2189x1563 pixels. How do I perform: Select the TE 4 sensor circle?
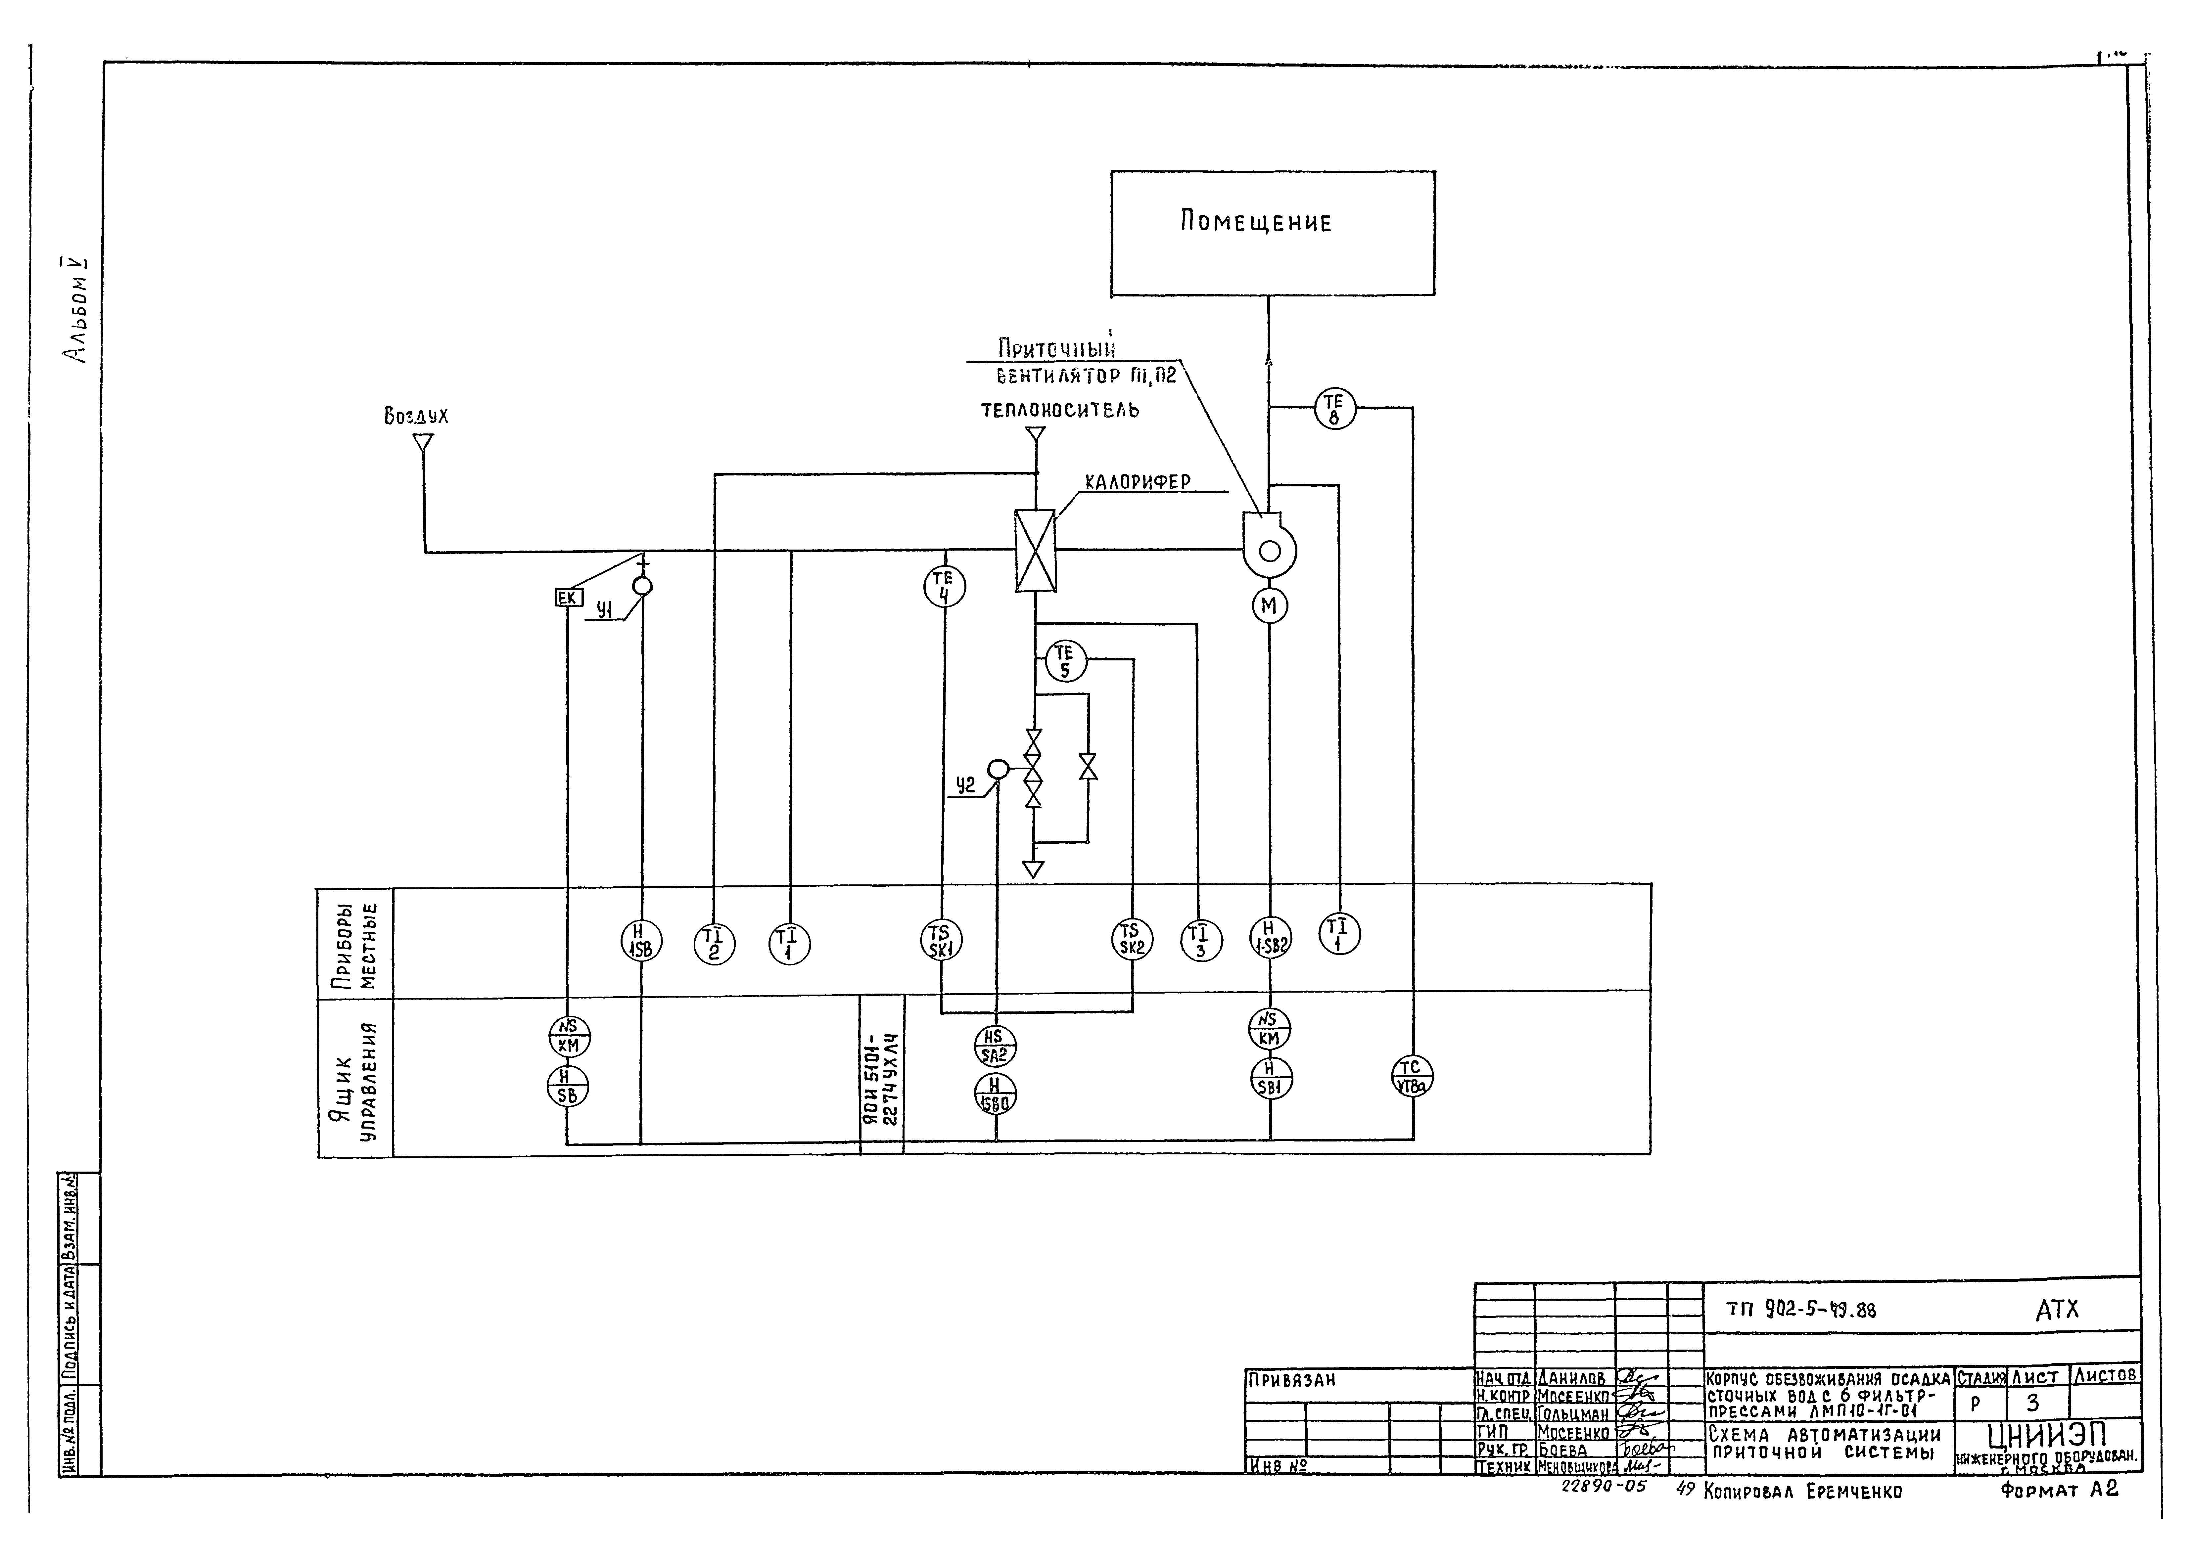[944, 587]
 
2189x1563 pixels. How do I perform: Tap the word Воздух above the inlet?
[416, 417]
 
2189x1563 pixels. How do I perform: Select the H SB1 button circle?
[1271, 1078]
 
